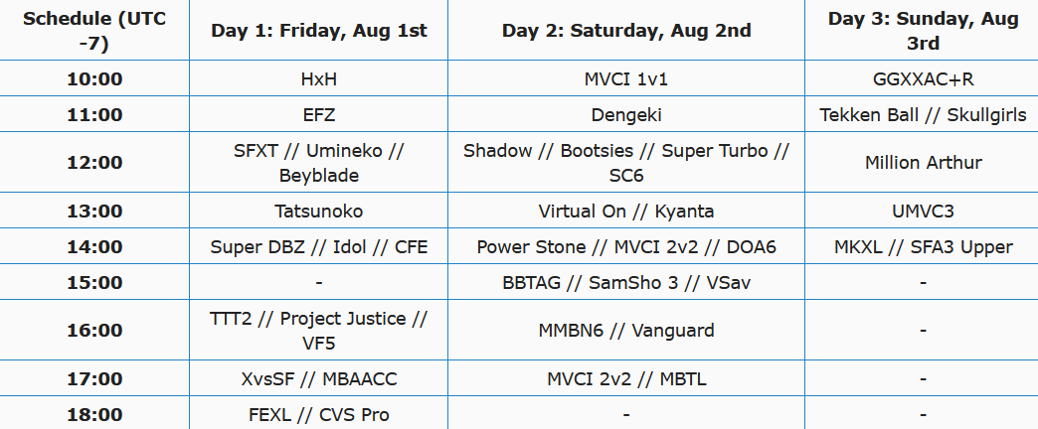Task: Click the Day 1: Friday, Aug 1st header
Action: (319, 31)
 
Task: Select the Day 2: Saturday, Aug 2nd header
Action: (626, 31)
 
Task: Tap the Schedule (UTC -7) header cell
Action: (94, 31)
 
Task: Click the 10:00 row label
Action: (94, 79)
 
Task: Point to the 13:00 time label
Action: (94, 212)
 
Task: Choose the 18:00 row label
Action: (94, 415)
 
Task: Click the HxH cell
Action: (319, 79)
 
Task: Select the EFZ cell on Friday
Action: (319, 115)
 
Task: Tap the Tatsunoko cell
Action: (319, 212)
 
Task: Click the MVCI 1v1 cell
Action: (626, 79)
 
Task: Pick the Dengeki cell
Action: (626, 115)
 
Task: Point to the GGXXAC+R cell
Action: (923, 79)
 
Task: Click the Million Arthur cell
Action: (923, 163)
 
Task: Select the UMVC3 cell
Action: (923, 212)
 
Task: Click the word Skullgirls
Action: (987, 115)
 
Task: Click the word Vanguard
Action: (673, 331)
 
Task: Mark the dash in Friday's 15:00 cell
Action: (319, 283)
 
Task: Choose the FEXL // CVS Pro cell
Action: (319, 415)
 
